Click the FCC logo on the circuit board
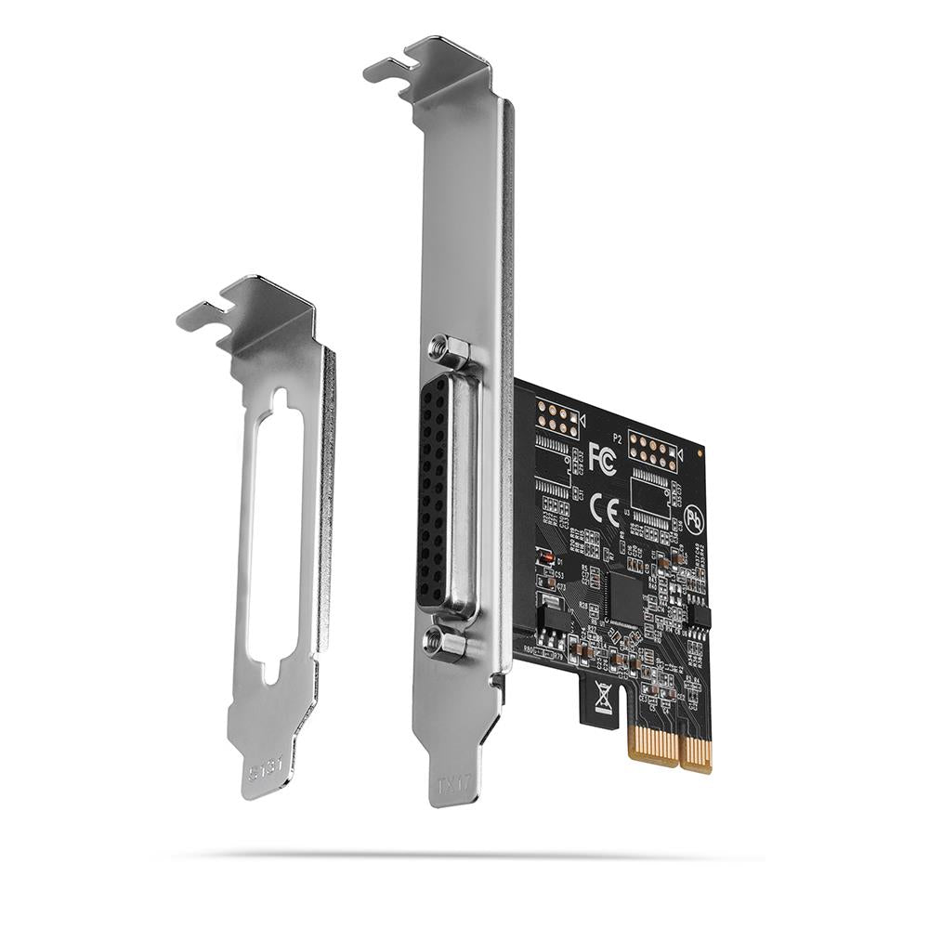tap(601, 458)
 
